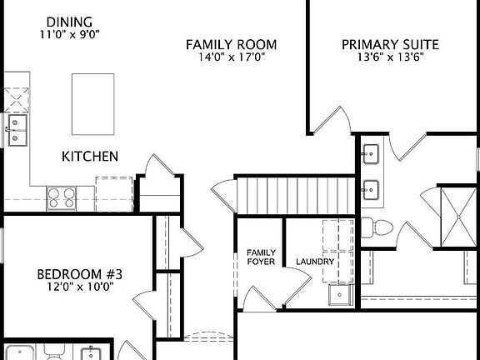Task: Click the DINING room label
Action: [x=70, y=22]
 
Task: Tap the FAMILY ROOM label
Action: [x=231, y=44]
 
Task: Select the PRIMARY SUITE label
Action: [x=391, y=44]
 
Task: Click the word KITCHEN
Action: [x=89, y=156]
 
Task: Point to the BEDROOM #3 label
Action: [x=80, y=273]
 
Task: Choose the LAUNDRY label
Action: [x=315, y=262]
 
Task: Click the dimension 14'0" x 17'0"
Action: [x=231, y=58]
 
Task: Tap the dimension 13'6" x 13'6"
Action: [x=390, y=58]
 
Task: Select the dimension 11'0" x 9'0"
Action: [x=70, y=35]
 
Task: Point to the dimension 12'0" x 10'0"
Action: [x=80, y=287]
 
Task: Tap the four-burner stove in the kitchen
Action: [x=61, y=197]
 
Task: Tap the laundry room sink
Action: [x=340, y=294]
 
